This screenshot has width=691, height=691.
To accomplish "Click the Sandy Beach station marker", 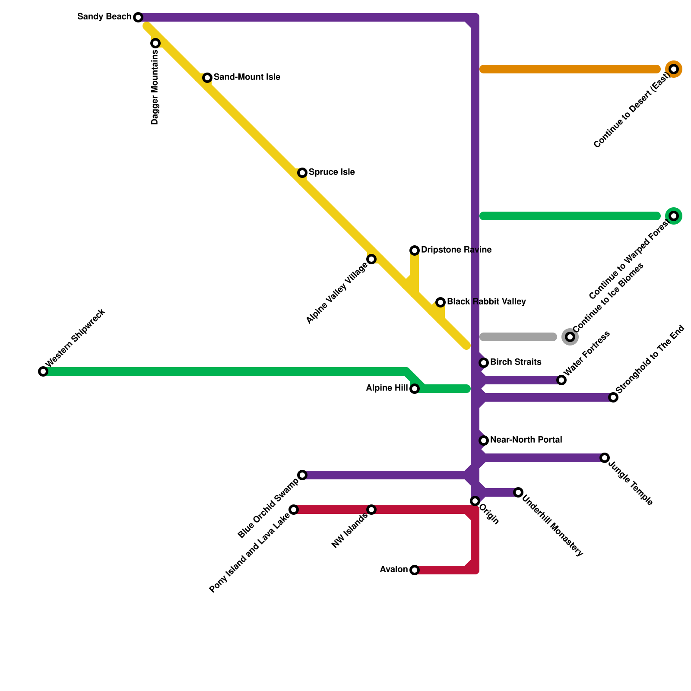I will (138, 17).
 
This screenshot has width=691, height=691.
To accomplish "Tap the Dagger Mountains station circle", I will (155, 43).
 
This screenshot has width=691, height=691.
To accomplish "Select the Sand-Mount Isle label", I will (247, 77).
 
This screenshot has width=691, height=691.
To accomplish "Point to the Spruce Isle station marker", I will (302, 173).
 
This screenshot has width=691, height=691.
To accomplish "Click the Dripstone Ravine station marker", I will (415, 250).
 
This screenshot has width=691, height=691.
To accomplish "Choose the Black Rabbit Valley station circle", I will (441, 302).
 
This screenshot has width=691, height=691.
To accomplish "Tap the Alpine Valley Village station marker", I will (371, 259).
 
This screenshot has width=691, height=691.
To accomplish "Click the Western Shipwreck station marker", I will (43, 371).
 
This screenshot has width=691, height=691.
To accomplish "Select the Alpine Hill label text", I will (387, 388).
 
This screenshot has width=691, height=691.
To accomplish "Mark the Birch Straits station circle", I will (484, 363).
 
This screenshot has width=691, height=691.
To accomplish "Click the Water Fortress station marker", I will (561, 380).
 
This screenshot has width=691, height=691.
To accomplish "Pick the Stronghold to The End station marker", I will (613, 397).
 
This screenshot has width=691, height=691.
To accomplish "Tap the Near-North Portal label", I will (526, 440).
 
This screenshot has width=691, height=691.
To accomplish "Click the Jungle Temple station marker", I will (605, 458).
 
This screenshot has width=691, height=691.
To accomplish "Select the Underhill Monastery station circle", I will (518, 492).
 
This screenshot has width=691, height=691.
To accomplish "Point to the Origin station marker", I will (475, 501).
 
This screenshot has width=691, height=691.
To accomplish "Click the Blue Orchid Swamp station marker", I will (302, 475).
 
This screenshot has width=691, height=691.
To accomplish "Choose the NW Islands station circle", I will (371, 510).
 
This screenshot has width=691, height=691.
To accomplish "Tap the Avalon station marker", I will (415, 570).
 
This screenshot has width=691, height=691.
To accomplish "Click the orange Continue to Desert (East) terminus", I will (674, 69).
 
